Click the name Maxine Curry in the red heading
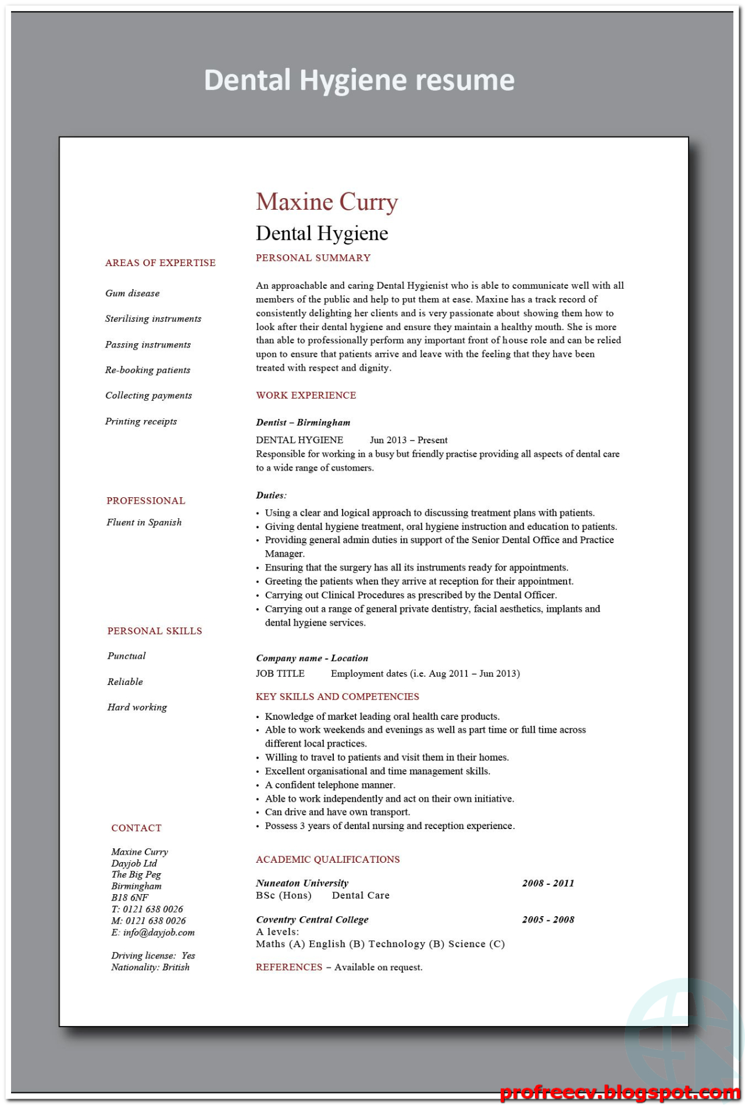pyautogui.click(x=327, y=202)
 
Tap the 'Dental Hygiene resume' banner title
pyautogui.click(x=359, y=80)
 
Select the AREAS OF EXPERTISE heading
pyautogui.click(x=161, y=263)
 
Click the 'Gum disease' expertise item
pyautogui.click(x=133, y=293)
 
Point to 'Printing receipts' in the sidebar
pyautogui.click(x=141, y=421)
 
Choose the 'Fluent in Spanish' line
pyautogui.click(x=144, y=522)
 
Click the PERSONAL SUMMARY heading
pyautogui.click(x=313, y=258)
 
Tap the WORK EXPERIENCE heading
pyautogui.click(x=306, y=395)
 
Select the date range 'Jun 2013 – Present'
pyautogui.click(x=409, y=440)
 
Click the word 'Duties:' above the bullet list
pyautogui.click(x=271, y=496)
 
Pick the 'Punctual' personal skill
pyautogui.click(x=127, y=656)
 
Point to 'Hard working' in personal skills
pyautogui.click(x=137, y=707)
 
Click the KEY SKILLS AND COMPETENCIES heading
pyautogui.click(x=337, y=697)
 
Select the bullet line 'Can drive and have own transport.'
pyautogui.click(x=337, y=812)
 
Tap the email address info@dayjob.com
pyautogui.click(x=159, y=932)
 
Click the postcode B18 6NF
pyautogui.click(x=130, y=898)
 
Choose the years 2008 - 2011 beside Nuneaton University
pyautogui.click(x=548, y=883)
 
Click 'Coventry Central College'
pyautogui.click(x=312, y=920)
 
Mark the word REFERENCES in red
pyautogui.click(x=289, y=967)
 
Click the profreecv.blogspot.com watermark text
pyautogui.click(x=619, y=1092)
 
